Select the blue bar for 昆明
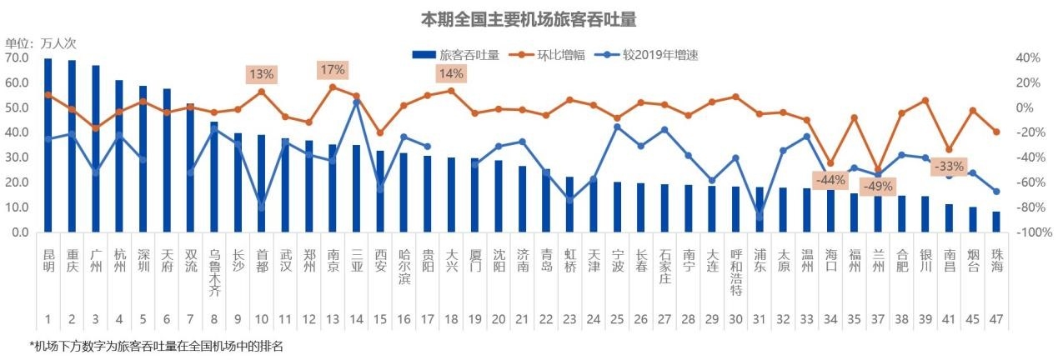pos(48,145)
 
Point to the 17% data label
pos(333,70)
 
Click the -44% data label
pos(830,179)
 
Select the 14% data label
pos(451,73)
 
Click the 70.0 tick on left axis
pos(17,58)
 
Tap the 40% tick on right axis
pos(1026,58)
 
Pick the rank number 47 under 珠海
pos(995,319)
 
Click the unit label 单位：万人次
pos(40,43)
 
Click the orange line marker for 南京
pos(332,87)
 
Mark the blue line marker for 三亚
pos(356,102)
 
